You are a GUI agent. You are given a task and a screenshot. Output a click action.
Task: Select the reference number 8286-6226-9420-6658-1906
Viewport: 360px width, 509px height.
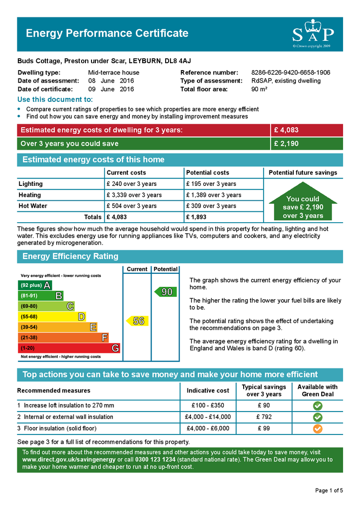pos(290,73)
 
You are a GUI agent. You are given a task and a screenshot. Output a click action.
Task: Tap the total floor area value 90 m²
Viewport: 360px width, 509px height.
pos(260,89)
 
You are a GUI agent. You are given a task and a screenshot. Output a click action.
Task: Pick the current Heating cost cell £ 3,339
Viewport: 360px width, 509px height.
pos(134,195)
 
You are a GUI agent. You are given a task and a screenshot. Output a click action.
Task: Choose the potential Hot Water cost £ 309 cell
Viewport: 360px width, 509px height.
pos(211,206)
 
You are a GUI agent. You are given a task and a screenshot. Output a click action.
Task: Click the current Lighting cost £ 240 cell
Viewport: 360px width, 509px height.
pos(131,184)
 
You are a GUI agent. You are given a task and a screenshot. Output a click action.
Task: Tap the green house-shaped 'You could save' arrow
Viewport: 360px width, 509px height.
pos(303,204)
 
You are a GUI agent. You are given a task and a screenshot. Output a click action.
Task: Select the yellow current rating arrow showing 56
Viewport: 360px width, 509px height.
pos(136,321)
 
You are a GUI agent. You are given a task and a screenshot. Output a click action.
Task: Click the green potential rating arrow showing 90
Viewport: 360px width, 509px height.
pos(164,292)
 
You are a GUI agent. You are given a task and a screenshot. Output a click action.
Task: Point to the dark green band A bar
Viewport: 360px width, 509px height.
pos(35,285)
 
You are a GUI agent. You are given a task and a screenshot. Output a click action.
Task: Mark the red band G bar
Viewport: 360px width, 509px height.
pos(69,348)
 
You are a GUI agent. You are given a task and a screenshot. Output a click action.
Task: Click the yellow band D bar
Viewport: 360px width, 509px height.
pos(52,317)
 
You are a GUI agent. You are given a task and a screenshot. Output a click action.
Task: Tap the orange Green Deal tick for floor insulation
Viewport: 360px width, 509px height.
pos(318,428)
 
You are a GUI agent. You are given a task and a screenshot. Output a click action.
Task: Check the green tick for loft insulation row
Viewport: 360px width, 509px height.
pos(318,406)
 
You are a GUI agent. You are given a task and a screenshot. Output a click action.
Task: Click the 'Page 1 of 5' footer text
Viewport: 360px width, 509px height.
pos(329,491)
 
